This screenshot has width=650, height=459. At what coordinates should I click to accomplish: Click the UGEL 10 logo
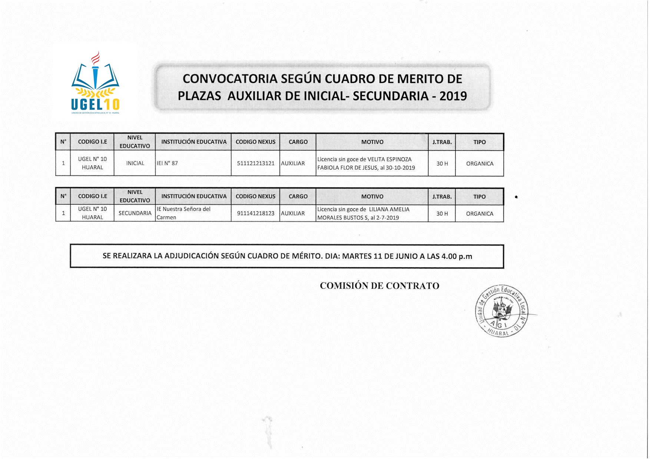point(95,84)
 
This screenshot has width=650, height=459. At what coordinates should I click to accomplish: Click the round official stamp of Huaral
point(502,311)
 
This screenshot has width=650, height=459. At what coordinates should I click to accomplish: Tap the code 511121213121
point(256,163)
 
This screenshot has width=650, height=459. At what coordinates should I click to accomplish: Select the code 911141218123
point(256,213)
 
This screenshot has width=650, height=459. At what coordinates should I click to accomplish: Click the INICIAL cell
point(135,163)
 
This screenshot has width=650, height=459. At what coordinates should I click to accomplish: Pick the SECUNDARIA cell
point(135,213)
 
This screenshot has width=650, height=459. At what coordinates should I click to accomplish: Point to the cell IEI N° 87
point(167,163)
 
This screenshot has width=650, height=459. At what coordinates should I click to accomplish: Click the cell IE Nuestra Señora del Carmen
point(183,213)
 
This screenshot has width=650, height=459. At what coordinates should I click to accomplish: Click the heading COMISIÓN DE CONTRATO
point(379,286)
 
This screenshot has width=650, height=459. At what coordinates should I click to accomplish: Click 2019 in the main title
point(453,96)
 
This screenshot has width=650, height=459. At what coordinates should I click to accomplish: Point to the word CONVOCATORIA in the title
point(230,79)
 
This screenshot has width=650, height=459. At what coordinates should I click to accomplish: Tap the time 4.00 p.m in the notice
point(457,256)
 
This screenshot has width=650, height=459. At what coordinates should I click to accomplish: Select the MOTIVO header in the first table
point(372,142)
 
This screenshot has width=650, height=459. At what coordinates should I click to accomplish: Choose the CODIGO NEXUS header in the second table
point(255,197)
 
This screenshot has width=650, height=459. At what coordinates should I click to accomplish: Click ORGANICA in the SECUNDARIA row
point(480,214)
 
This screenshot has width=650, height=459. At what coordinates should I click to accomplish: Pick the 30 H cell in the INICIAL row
point(442,164)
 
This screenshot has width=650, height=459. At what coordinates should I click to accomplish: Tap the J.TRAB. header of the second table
point(442,197)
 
